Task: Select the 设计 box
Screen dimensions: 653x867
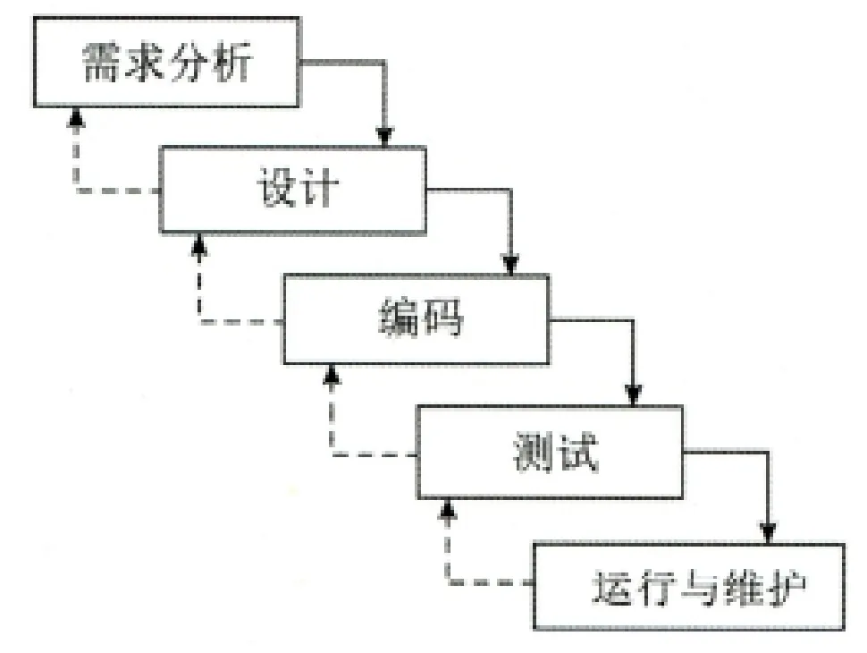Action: pyautogui.click(x=293, y=190)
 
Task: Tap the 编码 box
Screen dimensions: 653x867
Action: pyautogui.click(x=417, y=319)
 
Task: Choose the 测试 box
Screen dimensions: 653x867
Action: pyautogui.click(x=549, y=452)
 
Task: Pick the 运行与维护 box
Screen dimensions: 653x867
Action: pyautogui.click(x=688, y=586)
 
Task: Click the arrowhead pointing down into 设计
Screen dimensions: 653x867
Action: pyautogui.click(x=384, y=137)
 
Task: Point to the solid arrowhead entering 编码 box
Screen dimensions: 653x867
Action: pyautogui.click(x=510, y=265)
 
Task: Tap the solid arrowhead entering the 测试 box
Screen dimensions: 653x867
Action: pyautogui.click(x=634, y=396)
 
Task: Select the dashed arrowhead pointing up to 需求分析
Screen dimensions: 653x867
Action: pyautogui.click(x=76, y=117)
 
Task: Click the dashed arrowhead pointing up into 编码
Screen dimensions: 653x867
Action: pyautogui.click(x=332, y=373)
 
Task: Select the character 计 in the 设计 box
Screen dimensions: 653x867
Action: pyautogui.click(x=317, y=191)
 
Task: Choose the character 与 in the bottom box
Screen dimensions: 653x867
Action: pyautogui.click(x=690, y=588)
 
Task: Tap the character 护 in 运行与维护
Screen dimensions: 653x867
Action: pyautogui.click(x=785, y=588)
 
